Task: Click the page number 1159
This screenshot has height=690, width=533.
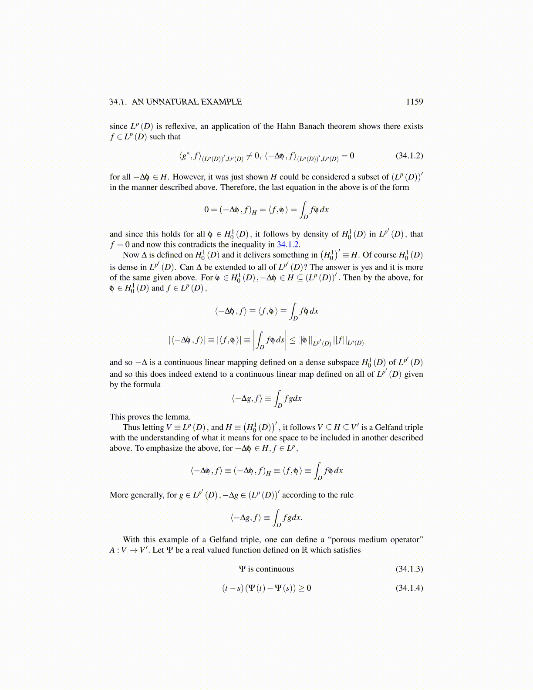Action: point(414,102)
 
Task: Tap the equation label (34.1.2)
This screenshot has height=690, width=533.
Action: point(409,156)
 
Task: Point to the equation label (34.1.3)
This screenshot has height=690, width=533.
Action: point(409,569)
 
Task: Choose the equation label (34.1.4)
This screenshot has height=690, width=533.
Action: point(409,588)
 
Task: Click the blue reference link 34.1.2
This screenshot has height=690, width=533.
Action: point(288,244)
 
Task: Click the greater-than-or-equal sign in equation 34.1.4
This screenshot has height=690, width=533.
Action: point(302,588)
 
